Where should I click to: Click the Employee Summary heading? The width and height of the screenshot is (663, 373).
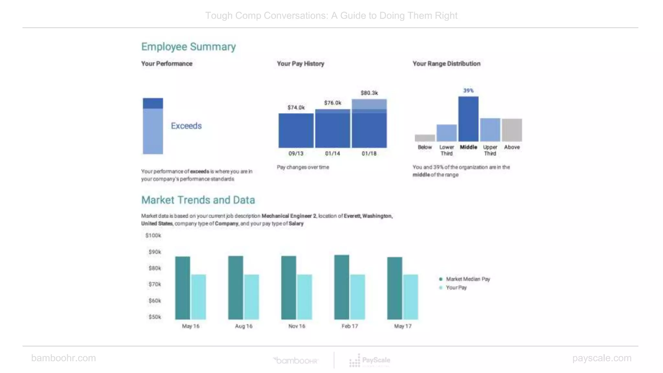[188, 47]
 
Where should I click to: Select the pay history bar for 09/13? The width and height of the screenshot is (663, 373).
[296, 130]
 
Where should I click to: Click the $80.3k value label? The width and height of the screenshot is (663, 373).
[369, 93]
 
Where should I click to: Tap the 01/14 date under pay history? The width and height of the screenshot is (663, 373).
[332, 153]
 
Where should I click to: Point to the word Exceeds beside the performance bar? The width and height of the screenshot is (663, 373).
[186, 126]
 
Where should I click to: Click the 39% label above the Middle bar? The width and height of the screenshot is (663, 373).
[468, 91]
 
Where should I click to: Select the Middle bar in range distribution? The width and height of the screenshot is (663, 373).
[468, 119]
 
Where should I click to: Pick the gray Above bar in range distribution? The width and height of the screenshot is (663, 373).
[512, 130]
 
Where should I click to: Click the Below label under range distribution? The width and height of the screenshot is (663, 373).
[424, 147]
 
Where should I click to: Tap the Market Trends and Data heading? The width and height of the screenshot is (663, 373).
[198, 200]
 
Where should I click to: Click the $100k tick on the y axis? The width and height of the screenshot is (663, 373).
[153, 235]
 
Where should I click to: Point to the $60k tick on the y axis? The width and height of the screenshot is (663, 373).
[155, 300]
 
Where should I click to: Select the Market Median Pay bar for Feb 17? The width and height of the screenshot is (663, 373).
[342, 287]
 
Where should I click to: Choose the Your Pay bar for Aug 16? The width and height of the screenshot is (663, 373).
[252, 297]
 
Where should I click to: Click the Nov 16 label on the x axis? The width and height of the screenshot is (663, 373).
[297, 326]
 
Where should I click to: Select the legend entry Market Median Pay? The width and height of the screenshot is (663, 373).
[467, 279]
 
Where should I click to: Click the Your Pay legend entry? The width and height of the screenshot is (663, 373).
[456, 288]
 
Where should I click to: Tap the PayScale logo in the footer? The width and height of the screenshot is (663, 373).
[370, 360]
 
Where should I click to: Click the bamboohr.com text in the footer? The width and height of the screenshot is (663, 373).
[63, 358]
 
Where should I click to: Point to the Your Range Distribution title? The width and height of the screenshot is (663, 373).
[446, 64]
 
